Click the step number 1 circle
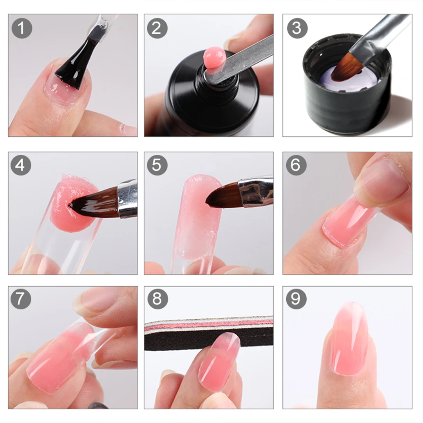click(22, 28)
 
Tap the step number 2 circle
click(157, 28)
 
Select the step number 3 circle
click(296, 28)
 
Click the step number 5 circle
click(157, 165)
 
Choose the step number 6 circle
click(296, 165)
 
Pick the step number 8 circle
click(157, 299)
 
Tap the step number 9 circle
click(296, 299)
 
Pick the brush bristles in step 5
click(221, 195)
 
